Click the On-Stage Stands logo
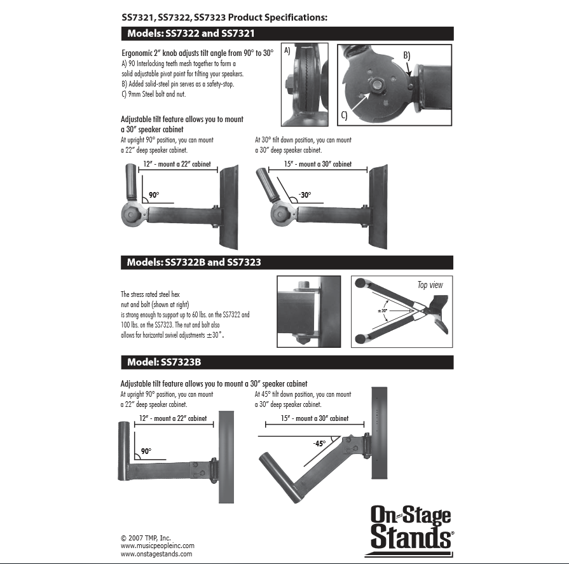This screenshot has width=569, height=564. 411,527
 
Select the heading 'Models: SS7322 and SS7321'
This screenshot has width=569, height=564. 191,34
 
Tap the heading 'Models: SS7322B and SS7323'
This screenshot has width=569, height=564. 194,262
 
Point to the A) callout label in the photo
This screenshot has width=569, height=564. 287,52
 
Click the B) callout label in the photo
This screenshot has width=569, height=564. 406,56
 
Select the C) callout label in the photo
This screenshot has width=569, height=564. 344,115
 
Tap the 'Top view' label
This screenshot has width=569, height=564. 430,285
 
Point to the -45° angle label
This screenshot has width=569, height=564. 319,443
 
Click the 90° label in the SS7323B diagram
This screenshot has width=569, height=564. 146,451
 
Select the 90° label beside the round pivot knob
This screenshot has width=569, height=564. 154,195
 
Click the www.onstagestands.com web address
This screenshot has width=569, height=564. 156,554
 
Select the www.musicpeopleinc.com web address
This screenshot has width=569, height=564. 157,546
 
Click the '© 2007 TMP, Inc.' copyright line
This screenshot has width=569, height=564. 146,537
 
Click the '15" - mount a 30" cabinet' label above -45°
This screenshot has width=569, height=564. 315,418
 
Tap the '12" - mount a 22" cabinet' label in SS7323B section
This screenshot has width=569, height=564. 173,418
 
